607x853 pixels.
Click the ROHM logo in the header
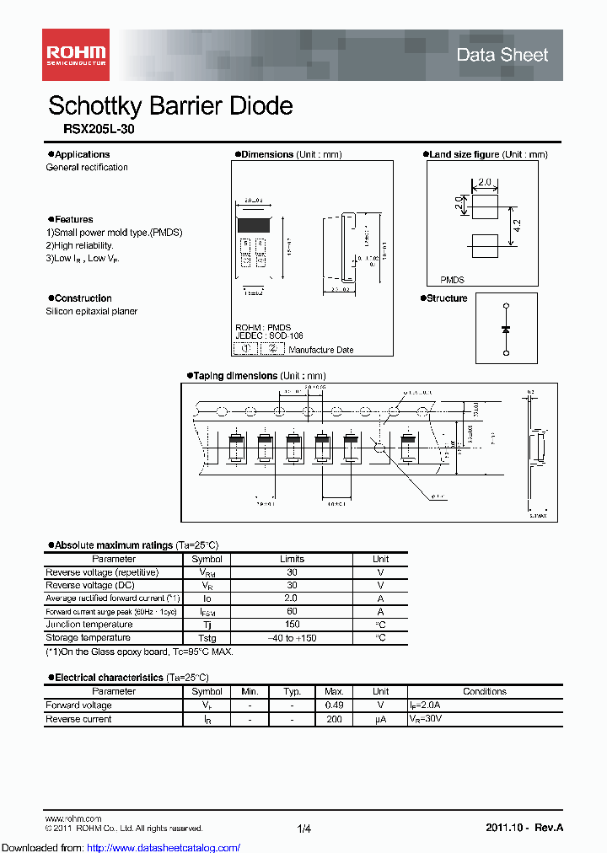tap(76, 55)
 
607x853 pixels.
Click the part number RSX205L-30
tap(99, 130)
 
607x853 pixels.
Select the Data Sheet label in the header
tap(502, 56)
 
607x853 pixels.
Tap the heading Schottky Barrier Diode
tap(170, 106)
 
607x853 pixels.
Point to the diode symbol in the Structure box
tap(506, 328)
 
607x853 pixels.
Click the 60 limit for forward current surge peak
tap(292, 611)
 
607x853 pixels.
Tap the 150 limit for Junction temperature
tap(292, 625)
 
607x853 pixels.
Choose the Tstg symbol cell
tap(207, 638)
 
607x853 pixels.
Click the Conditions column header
tap(485, 691)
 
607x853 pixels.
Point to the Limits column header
tap(292, 559)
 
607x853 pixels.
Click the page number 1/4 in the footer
tap(304, 829)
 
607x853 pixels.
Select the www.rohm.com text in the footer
tap(73, 818)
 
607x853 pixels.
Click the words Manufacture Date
tap(321, 350)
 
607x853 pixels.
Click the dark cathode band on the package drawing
tap(254, 226)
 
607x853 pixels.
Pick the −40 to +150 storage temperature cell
tap(292, 638)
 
